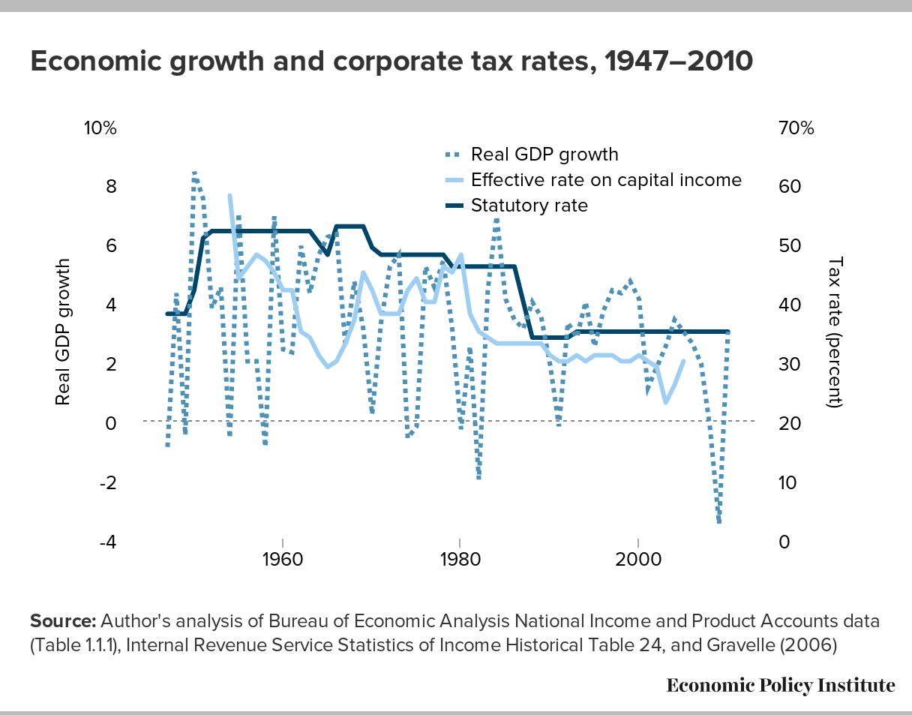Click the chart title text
(391, 62)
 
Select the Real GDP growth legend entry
(544, 155)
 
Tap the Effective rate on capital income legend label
(606, 180)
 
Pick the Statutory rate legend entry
(529, 205)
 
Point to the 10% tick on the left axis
(100, 128)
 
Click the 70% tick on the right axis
(796, 128)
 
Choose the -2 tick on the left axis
(109, 482)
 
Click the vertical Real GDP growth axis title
(64, 332)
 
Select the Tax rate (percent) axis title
(836, 332)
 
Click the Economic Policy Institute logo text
(781, 685)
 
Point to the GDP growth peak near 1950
(194, 173)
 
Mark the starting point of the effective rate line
(229, 196)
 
